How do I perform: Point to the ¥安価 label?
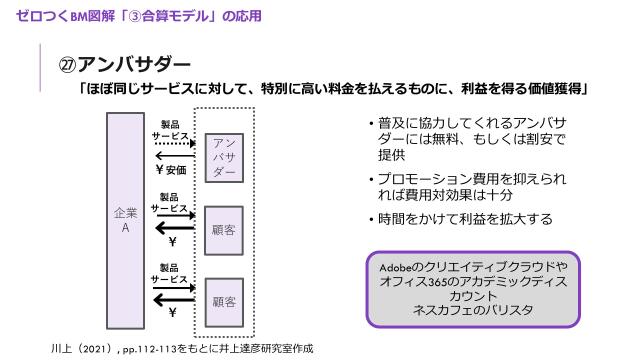pyautogui.click(x=171, y=169)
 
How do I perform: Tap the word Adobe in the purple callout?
pyautogui.click(x=398, y=268)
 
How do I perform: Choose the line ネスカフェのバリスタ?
pyautogui.click(x=467, y=310)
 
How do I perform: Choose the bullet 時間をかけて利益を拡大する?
pyautogui.click(x=465, y=219)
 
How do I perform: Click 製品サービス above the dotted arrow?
pyautogui.click(x=170, y=129)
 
